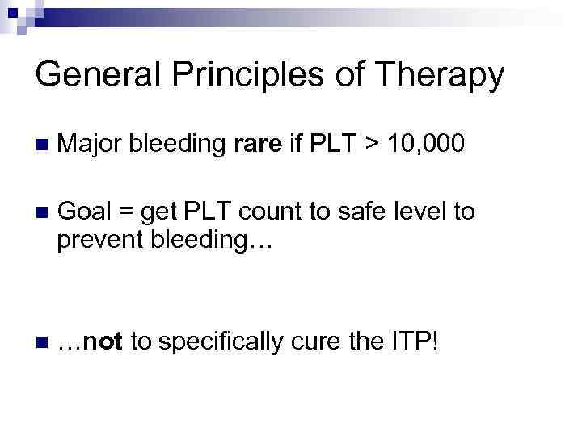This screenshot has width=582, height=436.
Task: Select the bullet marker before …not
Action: pos(41,342)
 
